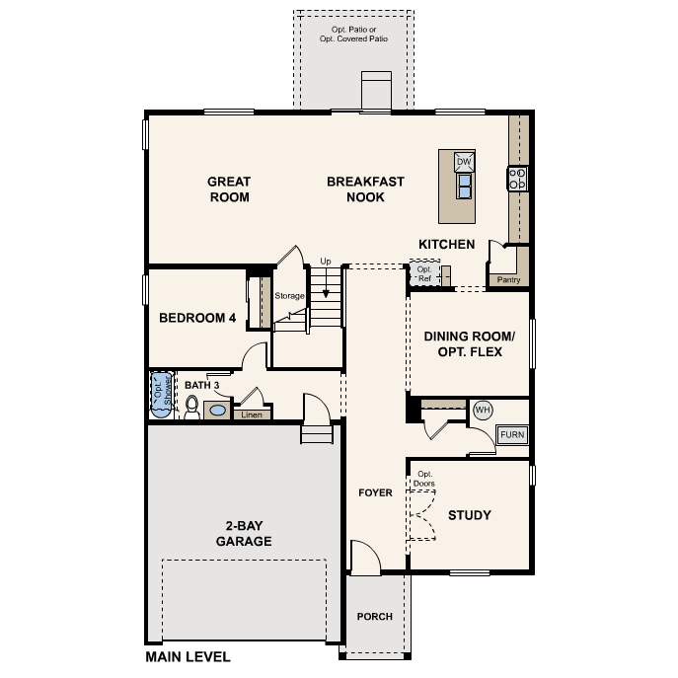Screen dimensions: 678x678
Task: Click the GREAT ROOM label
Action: [228, 188]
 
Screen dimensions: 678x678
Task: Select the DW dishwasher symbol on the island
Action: [464, 162]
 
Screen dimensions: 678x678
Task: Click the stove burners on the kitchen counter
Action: [517, 179]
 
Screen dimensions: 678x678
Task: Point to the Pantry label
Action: [508, 279]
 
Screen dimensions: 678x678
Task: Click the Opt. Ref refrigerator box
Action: [424, 274]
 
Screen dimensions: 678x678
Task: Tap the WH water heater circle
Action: [483, 410]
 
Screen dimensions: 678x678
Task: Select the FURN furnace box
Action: [512, 434]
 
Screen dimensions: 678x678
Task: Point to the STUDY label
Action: [470, 515]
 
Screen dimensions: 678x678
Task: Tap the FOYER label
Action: [375, 491]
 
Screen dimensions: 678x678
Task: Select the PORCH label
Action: [374, 617]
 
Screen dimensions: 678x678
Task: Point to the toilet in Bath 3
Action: [192, 408]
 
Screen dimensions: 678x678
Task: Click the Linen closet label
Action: [252, 414]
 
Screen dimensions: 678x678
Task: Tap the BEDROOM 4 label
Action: [197, 319]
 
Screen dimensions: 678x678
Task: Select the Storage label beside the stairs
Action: [289, 295]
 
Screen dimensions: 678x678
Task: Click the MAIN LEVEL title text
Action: [188, 656]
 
